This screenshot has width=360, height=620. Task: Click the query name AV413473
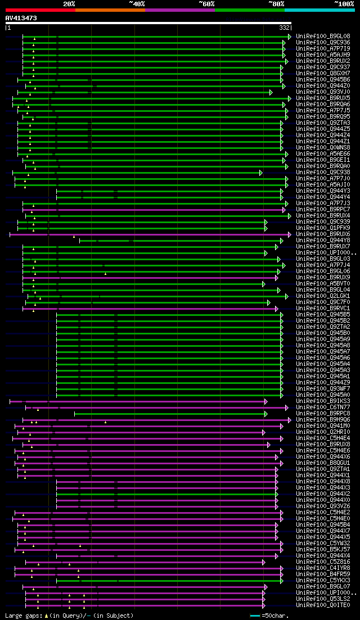pyautogui.click(x=21, y=18)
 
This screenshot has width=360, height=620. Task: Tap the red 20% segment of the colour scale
pyautogui.click(x=40, y=10)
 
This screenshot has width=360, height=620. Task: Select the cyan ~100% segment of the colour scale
pyautogui.click(x=319, y=10)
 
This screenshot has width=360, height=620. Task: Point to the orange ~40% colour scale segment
pyautogui.click(x=110, y=10)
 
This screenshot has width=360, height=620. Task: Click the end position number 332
pyautogui.click(x=285, y=28)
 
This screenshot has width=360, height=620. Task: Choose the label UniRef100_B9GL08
pyautogui.click(x=323, y=37)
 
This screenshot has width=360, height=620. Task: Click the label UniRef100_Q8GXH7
pyautogui.click(x=323, y=74)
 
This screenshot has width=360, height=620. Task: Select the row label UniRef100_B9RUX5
pyautogui.click(x=323, y=98)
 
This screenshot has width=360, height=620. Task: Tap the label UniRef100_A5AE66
pyautogui.click(x=323, y=154)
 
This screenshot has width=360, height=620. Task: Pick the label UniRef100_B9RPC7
pyautogui.click(x=323, y=210)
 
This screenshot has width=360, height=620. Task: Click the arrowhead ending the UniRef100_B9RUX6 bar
pyautogui.click(x=290, y=234)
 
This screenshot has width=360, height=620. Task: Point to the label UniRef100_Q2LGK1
pyautogui.click(x=323, y=296)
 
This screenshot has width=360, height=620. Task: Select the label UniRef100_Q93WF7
pyautogui.click(x=323, y=389)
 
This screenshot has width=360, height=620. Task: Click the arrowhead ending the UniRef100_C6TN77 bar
pyautogui.click(x=287, y=408)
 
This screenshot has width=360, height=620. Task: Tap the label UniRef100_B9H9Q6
pyautogui.click(x=323, y=420)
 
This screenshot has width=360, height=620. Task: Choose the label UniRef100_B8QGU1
pyautogui.click(x=323, y=463)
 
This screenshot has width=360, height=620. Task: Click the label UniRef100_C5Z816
pyautogui.click(x=323, y=562)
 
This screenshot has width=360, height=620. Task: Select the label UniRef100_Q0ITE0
pyautogui.click(x=323, y=605)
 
